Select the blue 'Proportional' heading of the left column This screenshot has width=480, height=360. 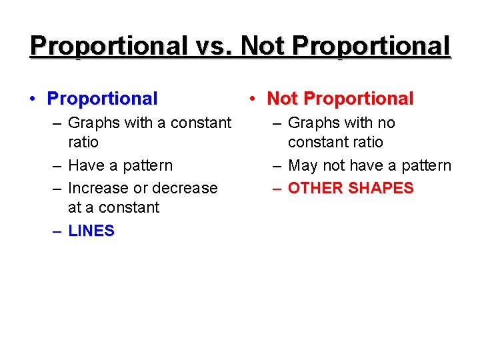pyautogui.click(x=102, y=99)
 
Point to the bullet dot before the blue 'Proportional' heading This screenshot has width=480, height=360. pyautogui.click(x=32, y=99)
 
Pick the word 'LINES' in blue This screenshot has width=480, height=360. pyautogui.click(x=91, y=231)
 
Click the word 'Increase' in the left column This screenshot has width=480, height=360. pyautogui.click(x=96, y=188)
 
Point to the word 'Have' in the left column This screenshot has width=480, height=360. pyautogui.click(x=85, y=165)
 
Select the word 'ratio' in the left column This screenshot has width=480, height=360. pyautogui.click(x=83, y=142)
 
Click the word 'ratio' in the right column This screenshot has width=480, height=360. pyautogui.click(x=365, y=142)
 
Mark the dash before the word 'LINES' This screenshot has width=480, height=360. pyautogui.click(x=57, y=231)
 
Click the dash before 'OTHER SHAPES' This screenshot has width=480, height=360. pyautogui.click(x=276, y=188)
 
